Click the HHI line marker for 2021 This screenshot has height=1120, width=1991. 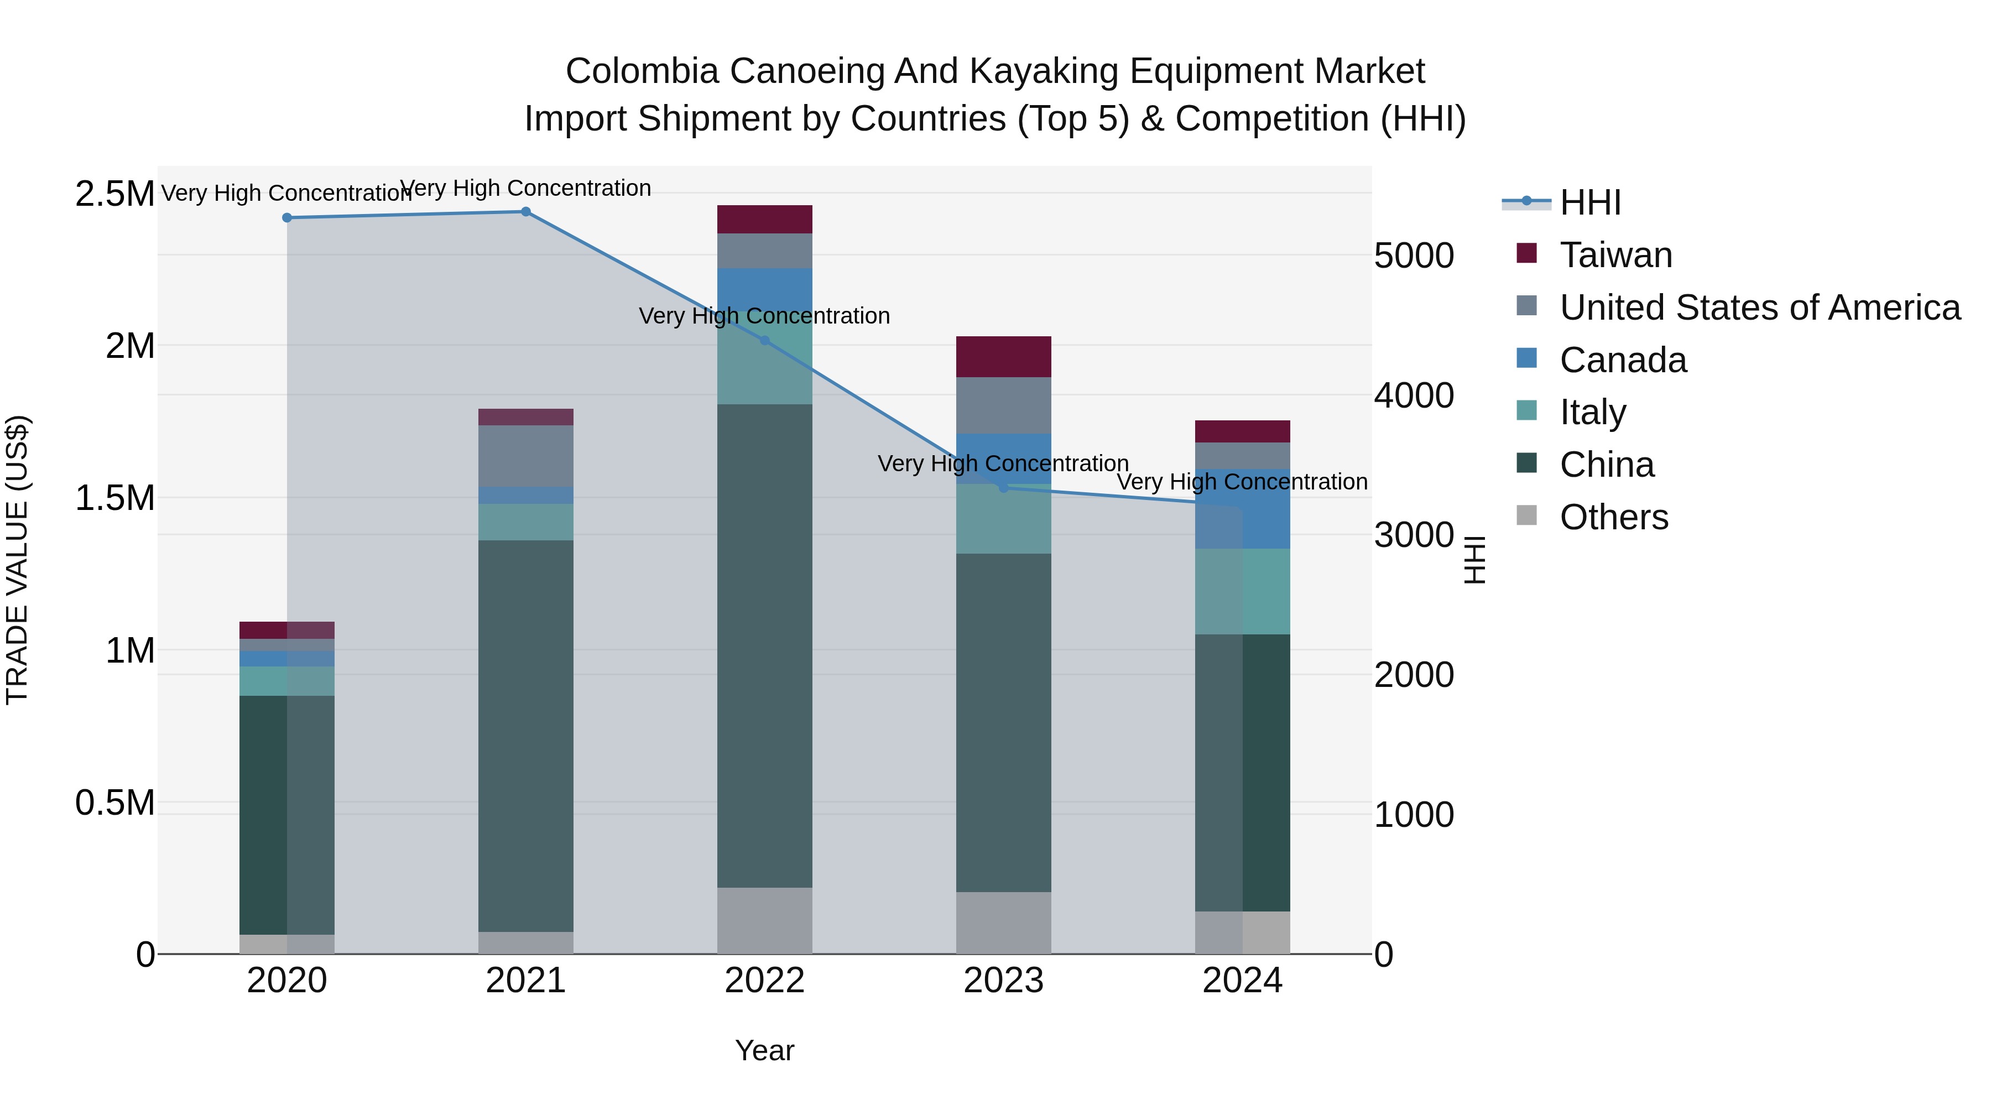coord(525,211)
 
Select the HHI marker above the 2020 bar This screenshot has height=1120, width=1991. coord(286,218)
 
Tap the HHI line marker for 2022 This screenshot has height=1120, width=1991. coord(764,340)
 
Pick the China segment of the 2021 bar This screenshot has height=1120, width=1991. coord(525,734)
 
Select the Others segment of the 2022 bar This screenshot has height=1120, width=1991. coord(764,920)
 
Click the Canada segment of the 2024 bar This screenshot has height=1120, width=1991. coord(1243,509)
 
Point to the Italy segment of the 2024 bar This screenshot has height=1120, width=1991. coord(1243,591)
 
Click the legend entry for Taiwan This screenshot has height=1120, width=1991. coord(1615,255)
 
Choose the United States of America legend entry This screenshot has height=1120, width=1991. coord(1759,308)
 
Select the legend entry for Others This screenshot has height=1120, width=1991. coord(1613,517)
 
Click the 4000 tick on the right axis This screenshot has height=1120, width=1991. coord(1414,396)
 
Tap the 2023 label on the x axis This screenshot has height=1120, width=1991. coord(1003,981)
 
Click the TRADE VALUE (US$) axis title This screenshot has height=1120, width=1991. coord(17,560)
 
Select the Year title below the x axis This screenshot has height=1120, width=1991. coord(764,1050)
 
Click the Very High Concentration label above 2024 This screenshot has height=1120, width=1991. coord(1242,482)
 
